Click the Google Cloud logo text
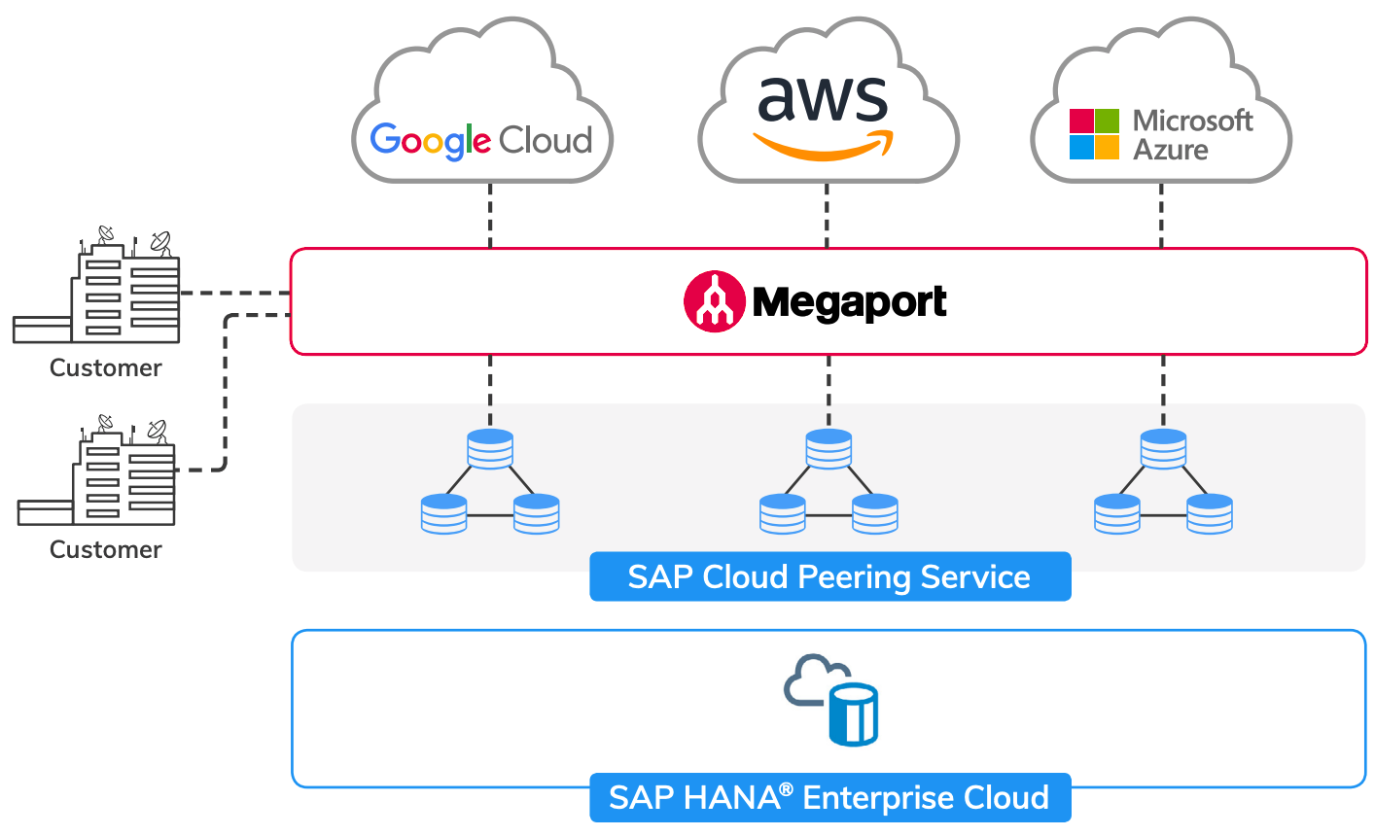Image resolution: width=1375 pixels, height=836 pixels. pyautogui.click(x=481, y=141)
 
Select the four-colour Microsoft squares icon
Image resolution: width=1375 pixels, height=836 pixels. pyautogui.click(x=1094, y=134)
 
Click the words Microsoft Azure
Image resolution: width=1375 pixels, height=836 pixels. pyautogui.click(x=1192, y=135)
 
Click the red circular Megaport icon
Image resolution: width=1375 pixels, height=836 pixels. pyautogui.click(x=715, y=301)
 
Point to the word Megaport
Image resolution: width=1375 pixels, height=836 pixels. pyautogui.click(x=849, y=302)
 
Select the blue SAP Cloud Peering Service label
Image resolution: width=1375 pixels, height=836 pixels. pyautogui.click(x=829, y=577)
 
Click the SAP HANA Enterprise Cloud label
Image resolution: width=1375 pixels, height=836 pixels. pyautogui.click(x=829, y=798)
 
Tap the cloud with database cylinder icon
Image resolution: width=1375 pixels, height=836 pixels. pyautogui.click(x=832, y=700)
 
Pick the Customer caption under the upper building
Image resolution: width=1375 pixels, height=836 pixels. pyautogui.click(x=105, y=368)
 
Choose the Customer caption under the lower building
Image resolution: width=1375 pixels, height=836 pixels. pyautogui.click(x=105, y=550)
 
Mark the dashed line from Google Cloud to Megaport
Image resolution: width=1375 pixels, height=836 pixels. pyautogui.click(x=490, y=215)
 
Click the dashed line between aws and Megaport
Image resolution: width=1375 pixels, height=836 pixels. pyautogui.click(x=827, y=215)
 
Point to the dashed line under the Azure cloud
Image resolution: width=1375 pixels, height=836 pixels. pyautogui.click(x=1161, y=215)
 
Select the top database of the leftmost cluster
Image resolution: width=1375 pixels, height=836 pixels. pyautogui.click(x=490, y=449)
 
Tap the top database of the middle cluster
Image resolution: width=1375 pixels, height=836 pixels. pyautogui.click(x=829, y=449)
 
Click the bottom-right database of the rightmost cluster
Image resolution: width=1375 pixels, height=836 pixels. pyautogui.click(x=1210, y=513)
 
